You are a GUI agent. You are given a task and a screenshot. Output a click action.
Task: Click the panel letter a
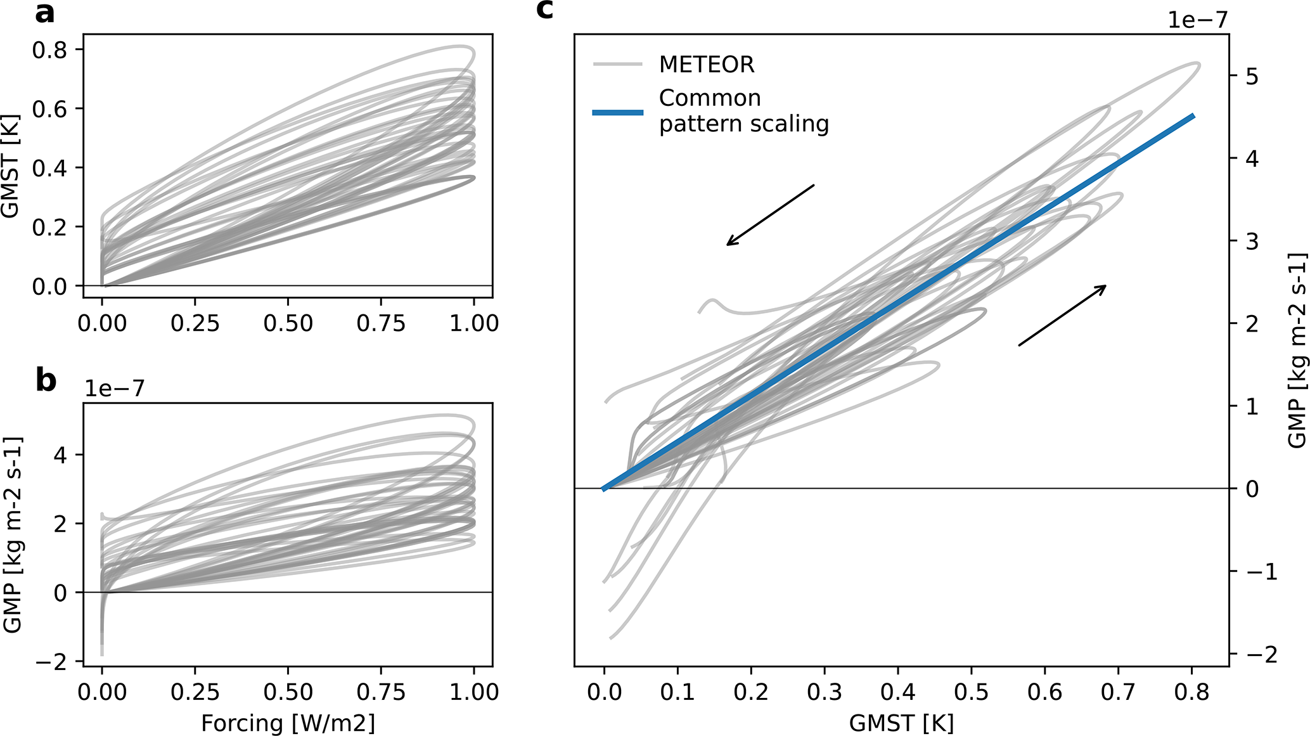[44, 14]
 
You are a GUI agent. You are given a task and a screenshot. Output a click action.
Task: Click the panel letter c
[545, 10]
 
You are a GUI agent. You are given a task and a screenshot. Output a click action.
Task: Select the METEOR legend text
[707, 65]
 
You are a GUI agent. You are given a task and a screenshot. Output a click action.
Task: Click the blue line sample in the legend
[617, 112]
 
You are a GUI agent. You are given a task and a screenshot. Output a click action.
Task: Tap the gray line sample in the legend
[617, 65]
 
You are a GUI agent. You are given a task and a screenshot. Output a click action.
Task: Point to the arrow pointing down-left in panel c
[770, 215]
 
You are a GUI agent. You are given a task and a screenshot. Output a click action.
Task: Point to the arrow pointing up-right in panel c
[1062, 316]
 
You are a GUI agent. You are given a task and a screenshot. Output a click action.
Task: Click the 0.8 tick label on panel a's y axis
[49, 49]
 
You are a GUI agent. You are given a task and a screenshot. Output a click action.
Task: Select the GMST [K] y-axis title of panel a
[11, 166]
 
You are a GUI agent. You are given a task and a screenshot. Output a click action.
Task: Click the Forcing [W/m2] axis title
[288, 723]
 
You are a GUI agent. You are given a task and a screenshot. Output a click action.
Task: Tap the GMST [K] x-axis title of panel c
[901, 723]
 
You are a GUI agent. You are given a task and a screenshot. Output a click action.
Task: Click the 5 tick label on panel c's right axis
[1252, 77]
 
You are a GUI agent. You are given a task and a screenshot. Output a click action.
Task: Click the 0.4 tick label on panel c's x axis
[898, 692]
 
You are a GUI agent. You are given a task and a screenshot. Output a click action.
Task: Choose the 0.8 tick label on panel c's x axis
[1191, 692]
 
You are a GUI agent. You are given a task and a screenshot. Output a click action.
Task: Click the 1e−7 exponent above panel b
[114, 388]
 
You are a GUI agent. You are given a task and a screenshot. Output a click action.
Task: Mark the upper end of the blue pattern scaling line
[1193, 116]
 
